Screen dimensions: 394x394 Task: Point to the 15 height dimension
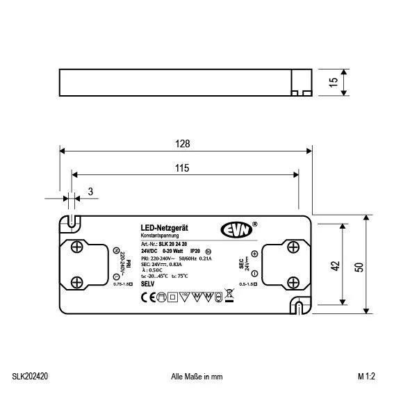[x=334, y=81]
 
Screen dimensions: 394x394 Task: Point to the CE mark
[x=146, y=297]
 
